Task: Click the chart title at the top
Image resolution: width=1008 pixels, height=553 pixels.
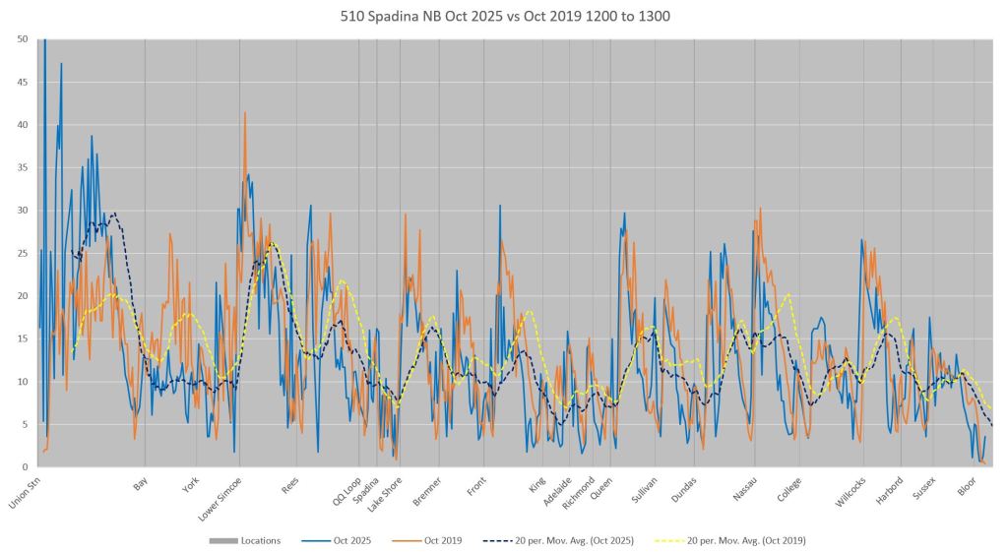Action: point(504,17)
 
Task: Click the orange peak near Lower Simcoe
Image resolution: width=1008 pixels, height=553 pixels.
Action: point(245,113)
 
